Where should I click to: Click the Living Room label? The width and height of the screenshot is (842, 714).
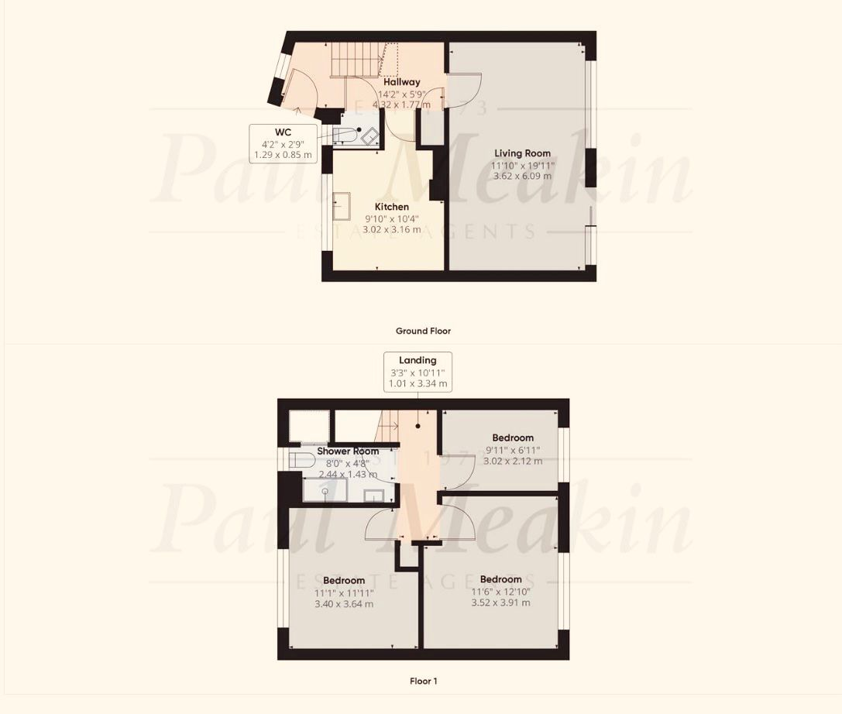pos(523,153)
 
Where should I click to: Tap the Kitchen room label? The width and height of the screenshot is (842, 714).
pos(391,207)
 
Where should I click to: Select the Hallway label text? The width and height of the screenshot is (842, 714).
pos(402,82)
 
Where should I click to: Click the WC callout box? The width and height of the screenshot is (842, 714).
pos(283,144)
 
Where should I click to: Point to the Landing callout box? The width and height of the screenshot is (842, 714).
pos(418,372)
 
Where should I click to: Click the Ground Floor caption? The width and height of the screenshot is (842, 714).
pos(423,331)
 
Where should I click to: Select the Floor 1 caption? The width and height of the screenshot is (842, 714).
pos(423,681)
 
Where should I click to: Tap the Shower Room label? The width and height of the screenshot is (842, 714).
pos(348,451)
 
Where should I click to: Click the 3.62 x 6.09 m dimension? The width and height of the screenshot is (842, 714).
pos(523,176)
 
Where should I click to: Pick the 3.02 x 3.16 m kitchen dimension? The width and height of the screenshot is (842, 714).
pos(391,229)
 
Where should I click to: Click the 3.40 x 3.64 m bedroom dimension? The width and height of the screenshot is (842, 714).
pos(344,603)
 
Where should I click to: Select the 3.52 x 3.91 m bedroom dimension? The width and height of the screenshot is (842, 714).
pos(501,602)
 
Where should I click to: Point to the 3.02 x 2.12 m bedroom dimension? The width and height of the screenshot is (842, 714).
pos(513,461)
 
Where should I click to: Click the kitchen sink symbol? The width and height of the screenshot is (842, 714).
pos(342,207)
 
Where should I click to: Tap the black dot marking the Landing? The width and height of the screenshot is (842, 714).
pos(418,426)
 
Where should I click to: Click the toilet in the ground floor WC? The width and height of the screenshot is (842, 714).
pos(342,136)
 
